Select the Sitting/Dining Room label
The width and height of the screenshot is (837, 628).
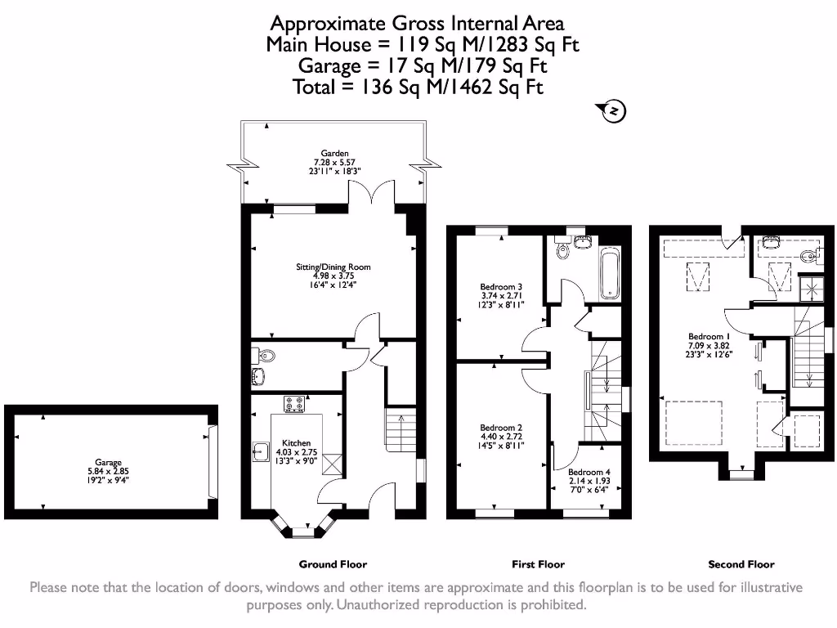click(333, 267)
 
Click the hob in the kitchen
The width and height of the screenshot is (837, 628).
click(294, 403)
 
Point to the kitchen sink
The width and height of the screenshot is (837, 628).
click(262, 450)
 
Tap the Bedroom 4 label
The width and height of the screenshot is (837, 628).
click(589, 473)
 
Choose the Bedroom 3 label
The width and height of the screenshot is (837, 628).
click(501, 287)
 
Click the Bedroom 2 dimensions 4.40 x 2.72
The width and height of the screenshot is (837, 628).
click(501, 437)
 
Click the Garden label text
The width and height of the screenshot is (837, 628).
click(334, 153)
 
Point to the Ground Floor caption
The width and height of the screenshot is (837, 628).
click(333, 564)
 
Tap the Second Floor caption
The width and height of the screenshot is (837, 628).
click(741, 564)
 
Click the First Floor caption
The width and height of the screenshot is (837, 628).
click(538, 564)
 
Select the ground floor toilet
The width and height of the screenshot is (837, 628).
click(265, 356)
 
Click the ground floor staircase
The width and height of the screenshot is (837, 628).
click(400, 431)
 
